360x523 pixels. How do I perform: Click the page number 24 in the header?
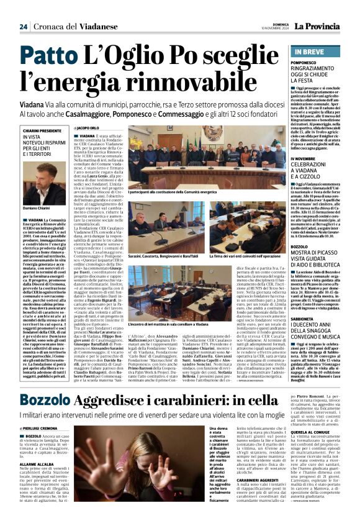click(x=23, y=27)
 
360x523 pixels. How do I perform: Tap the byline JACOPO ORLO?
click(x=88, y=128)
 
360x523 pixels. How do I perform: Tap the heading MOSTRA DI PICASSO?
click(x=317, y=256)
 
